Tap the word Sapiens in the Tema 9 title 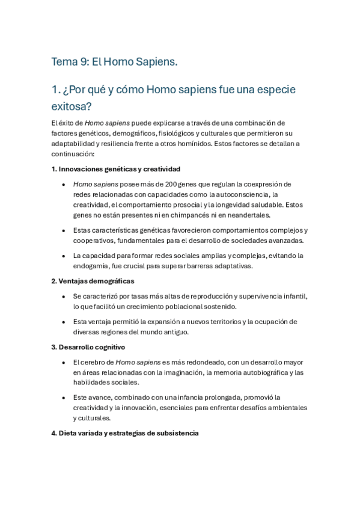(156, 62)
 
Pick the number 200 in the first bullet (156, 184)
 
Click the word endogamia (92, 266)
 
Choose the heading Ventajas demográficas (93, 281)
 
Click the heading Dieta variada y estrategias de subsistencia (125, 433)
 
